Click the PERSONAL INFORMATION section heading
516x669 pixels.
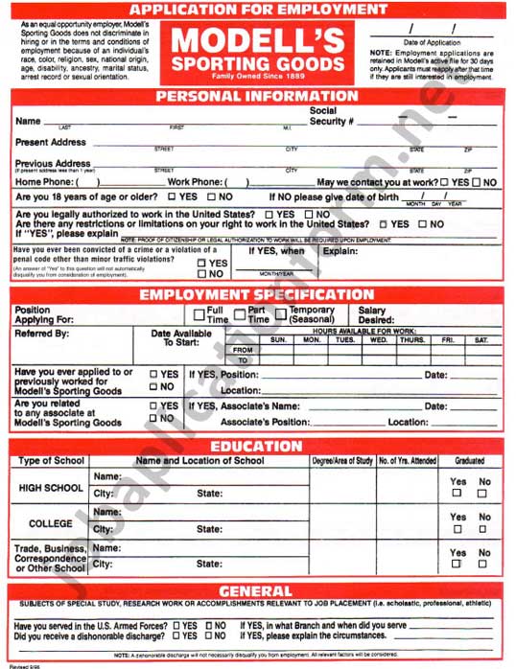pos(256,96)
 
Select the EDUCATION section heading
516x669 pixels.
pos(256,446)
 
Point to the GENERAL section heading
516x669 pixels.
pos(256,590)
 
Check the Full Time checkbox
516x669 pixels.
pos(199,315)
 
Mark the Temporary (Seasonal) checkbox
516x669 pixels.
pos(282,315)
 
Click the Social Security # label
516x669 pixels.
pos(332,116)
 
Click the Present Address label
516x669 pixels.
pos(51,143)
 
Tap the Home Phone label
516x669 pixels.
pos(45,182)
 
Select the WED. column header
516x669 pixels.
pos(379,339)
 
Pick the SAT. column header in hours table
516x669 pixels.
pos(481,339)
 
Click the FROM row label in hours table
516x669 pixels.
pos(244,350)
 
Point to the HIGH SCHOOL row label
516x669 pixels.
pos(51,488)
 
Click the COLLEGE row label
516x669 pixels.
pos(51,524)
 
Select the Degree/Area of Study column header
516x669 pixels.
pos(342,461)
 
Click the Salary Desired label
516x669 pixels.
pos(372,315)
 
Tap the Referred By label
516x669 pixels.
pos(42,334)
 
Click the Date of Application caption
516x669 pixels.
pos(432,42)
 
